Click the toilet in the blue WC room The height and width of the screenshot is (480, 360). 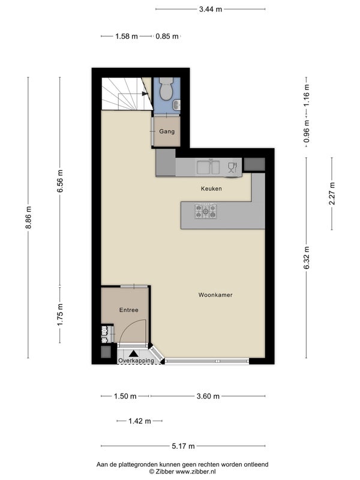click(167, 89)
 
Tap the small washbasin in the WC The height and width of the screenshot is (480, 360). click(176, 106)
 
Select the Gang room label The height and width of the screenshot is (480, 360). click(167, 131)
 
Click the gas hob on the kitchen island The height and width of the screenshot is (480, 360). click(206, 211)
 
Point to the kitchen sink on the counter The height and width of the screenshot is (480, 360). click(208, 167)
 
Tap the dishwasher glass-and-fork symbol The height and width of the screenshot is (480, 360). click(233, 167)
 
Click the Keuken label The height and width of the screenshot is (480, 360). click(211, 188)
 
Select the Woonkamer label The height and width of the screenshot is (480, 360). click(215, 295)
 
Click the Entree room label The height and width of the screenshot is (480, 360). click(128, 310)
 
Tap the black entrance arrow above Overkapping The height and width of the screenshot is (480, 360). click(133, 353)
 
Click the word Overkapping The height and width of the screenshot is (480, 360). click(136, 361)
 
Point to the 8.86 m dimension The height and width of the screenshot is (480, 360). click(28, 218)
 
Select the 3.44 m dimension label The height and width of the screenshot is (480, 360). click(211, 9)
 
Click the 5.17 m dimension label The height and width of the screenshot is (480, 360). click(183, 446)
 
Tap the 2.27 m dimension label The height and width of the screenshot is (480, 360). click(332, 194)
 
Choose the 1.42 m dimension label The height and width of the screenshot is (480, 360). click(140, 421)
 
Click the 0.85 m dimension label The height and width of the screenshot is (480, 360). click(167, 37)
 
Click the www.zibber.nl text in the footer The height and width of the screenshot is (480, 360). click(196, 472)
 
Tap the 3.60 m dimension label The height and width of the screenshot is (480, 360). click(208, 397)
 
